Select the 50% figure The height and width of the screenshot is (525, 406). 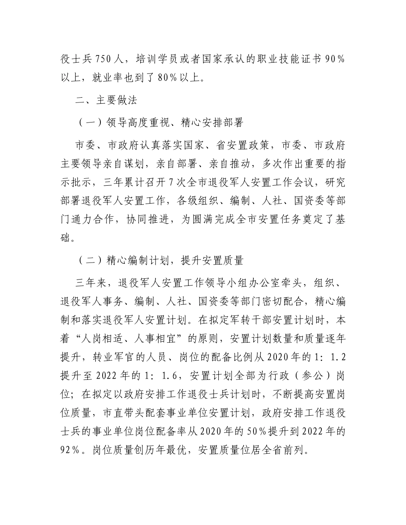click(256, 433)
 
